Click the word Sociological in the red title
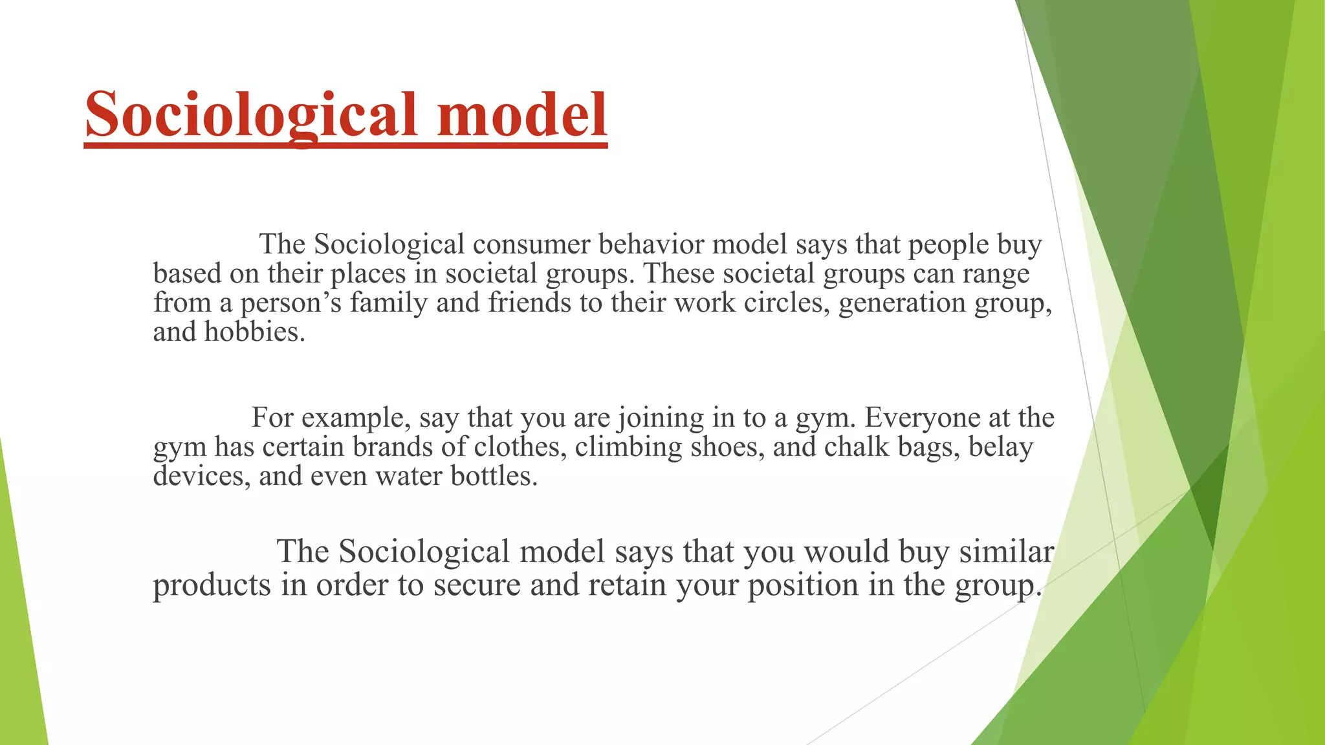251,115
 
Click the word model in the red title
522,115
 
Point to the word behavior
651,244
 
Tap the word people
948,244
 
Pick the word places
367,274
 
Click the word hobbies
254,332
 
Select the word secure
477,585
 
